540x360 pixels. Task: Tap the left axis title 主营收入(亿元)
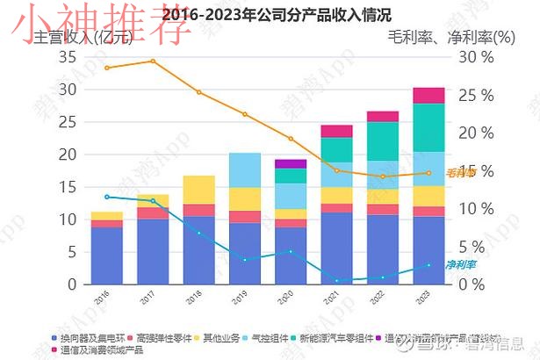tap(80, 38)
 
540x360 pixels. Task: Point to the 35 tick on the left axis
tap(68, 57)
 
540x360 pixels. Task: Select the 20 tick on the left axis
tap(68, 155)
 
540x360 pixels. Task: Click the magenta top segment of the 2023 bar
tap(428, 96)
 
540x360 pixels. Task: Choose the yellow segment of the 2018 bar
tap(198, 190)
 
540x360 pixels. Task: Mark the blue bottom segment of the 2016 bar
tap(107, 256)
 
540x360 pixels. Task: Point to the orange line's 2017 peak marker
tap(153, 61)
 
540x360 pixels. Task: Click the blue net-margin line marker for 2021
tap(336, 280)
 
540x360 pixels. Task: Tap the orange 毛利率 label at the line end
tap(461, 173)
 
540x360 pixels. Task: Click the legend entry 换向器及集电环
tap(90, 338)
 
